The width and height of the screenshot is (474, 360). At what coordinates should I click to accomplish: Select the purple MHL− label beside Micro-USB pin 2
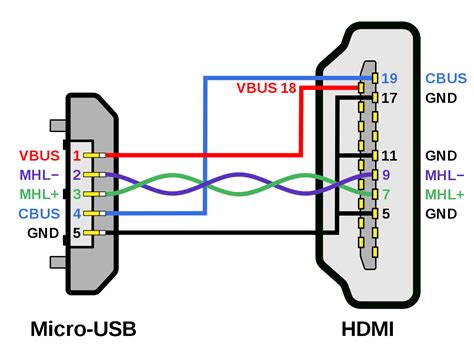pos(36,175)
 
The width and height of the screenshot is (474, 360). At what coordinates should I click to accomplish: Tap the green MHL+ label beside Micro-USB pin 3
pos(36,194)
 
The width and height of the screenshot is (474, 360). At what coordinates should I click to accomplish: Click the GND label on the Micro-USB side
pos(44,233)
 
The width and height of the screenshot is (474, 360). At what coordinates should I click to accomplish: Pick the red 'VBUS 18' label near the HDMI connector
pos(266,88)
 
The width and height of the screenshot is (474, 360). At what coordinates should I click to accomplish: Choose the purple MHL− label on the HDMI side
pos(444,175)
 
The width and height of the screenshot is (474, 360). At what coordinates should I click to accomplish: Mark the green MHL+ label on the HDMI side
pos(444,194)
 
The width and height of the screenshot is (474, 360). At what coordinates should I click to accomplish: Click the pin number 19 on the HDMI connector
pos(389,77)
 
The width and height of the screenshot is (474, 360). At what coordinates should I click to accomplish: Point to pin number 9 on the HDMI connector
pos(385,175)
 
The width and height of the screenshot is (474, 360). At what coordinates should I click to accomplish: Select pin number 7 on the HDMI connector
pos(385,194)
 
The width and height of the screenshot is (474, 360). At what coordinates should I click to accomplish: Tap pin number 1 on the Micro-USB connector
pos(75,155)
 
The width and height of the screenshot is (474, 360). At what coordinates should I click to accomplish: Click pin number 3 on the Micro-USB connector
pos(75,194)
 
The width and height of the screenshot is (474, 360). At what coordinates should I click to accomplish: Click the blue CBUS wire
pos(205,150)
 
